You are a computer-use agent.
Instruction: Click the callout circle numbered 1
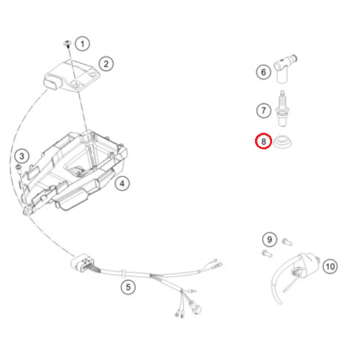coord(83,44)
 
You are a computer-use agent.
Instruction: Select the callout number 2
coord(106,63)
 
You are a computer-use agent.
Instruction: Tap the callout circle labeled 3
coord(22,157)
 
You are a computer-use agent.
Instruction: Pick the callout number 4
coord(122,184)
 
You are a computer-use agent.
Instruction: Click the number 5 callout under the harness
coord(128,287)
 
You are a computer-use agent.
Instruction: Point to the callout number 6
coord(264,72)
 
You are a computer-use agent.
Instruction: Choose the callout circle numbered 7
coord(264,110)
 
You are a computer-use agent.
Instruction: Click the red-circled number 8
coord(264,141)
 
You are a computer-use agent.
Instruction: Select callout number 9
coord(270,240)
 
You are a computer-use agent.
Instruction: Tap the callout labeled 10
coord(330,266)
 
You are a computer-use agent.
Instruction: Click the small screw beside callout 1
coord(67,44)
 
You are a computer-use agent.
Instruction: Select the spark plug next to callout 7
coord(282,108)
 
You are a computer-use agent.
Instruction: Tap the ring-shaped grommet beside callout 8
coord(282,142)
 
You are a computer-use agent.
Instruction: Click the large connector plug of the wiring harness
coord(82,263)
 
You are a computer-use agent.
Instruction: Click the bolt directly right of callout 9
coord(287,242)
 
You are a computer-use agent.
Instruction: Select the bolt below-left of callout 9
coord(267,254)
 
